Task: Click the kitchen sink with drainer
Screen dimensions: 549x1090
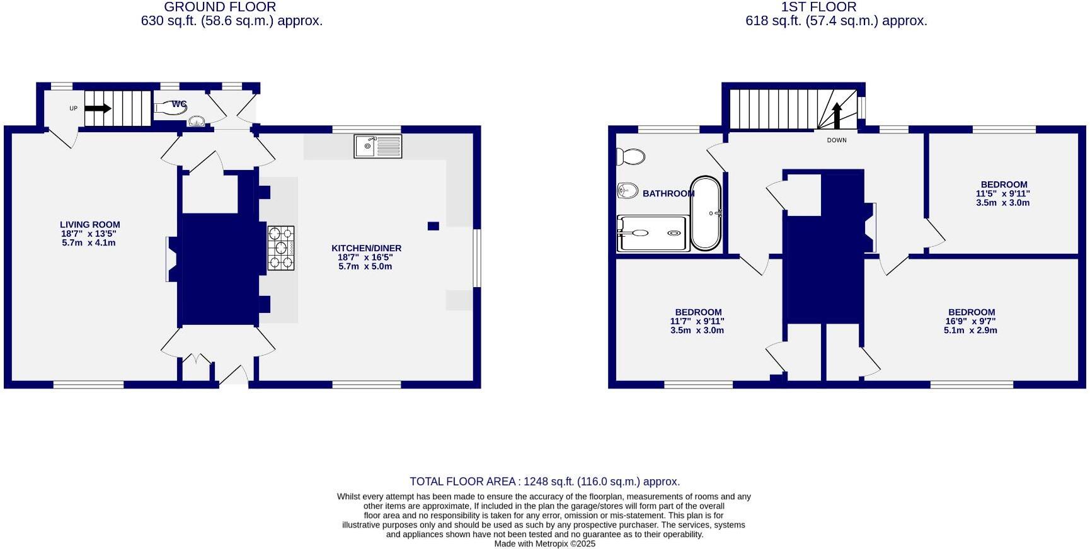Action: click(377, 146)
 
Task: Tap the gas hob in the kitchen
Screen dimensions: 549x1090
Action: click(280, 248)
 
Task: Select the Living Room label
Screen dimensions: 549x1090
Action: click(89, 225)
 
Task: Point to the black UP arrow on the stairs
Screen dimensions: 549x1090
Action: click(98, 108)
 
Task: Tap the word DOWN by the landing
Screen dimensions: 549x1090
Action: click(837, 140)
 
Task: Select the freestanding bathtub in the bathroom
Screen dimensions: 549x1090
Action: click(706, 213)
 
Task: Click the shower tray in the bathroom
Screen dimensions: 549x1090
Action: click(653, 233)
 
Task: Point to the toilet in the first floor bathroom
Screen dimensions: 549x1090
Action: click(631, 156)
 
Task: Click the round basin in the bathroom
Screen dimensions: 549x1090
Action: click(628, 190)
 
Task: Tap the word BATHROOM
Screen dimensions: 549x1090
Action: click(668, 193)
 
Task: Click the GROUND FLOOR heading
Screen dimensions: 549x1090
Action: click(220, 7)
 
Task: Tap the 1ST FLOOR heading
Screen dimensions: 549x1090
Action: click(818, 7)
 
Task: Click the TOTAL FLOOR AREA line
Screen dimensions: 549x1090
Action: click(544, 482)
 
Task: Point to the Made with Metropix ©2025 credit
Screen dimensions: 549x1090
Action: click(544, 543)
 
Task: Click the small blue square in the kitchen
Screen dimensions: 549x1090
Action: click(433, 226)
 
